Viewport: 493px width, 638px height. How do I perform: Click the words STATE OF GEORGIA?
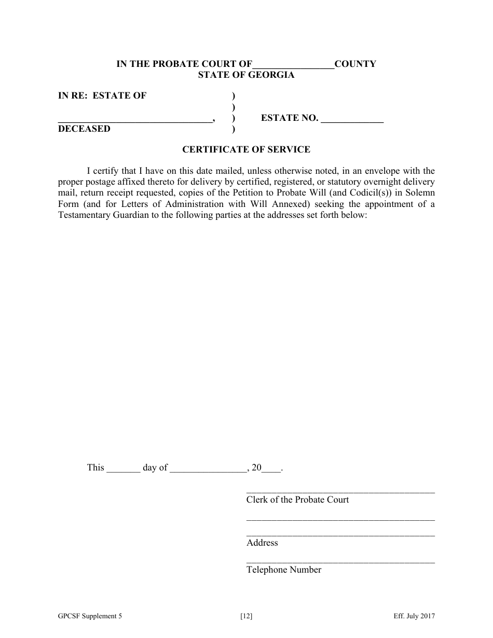246,75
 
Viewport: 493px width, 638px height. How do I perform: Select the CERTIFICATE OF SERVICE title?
246,149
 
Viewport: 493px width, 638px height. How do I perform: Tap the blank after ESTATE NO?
352,119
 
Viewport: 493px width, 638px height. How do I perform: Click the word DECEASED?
84,129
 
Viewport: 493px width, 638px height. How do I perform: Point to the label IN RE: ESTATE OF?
102,95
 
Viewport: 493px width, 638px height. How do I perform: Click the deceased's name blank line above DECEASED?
135,119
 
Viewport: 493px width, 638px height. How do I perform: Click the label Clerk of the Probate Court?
297,500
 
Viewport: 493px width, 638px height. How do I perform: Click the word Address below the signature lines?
262,543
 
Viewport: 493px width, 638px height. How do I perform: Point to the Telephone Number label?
284,570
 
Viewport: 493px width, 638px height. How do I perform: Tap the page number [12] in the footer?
246,616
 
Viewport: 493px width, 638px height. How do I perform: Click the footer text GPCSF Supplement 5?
90,616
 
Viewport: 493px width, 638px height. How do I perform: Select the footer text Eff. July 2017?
414,616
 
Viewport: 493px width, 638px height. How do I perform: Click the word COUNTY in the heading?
355,64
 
